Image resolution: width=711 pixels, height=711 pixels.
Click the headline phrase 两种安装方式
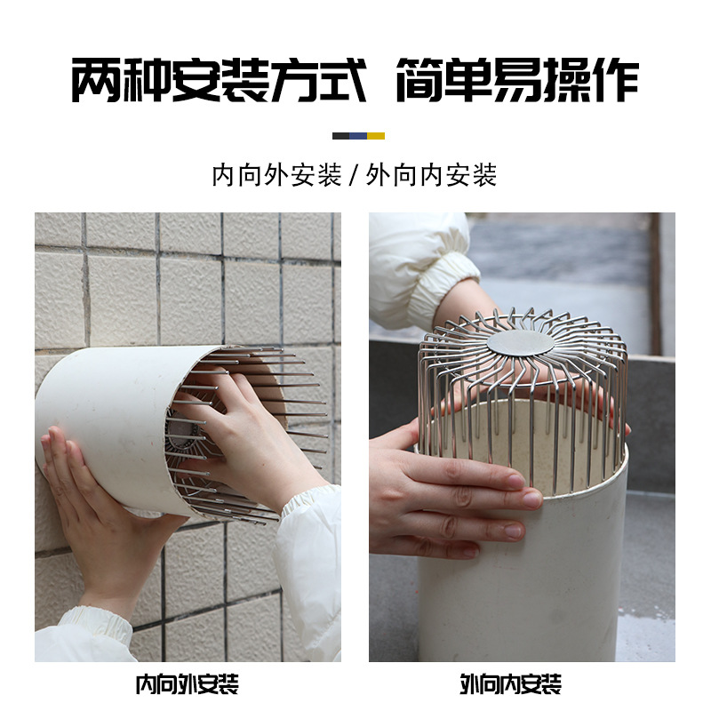(x=219, y=81)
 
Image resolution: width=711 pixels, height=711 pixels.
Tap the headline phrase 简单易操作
(x=516, y=81)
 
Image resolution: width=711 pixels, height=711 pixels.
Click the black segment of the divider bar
(x=340, y=136)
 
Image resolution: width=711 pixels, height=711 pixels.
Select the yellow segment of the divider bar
(x=376, y=136)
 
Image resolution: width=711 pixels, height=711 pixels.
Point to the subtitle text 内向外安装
(x=276, y=175)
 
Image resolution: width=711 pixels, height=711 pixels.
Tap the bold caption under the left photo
(x=187, y=684)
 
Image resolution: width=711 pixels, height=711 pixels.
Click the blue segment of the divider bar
(x=358, y=136)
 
